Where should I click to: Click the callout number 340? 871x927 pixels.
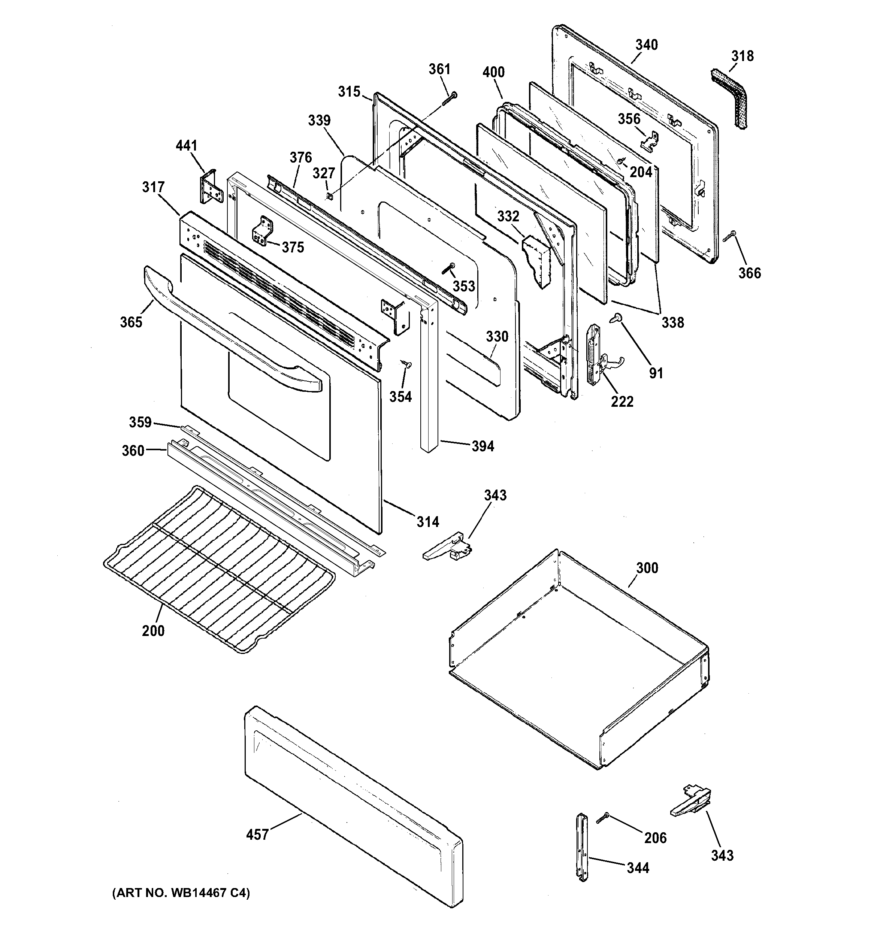pyautogui.click(x=646, y=45)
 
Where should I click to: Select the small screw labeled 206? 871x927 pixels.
pyautogui.click(x=602, y=817)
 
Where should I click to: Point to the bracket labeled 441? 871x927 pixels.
pyautogui.click(x=209, y=187)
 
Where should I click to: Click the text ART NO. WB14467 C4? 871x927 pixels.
pyautogui.click(x=181, y=893)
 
